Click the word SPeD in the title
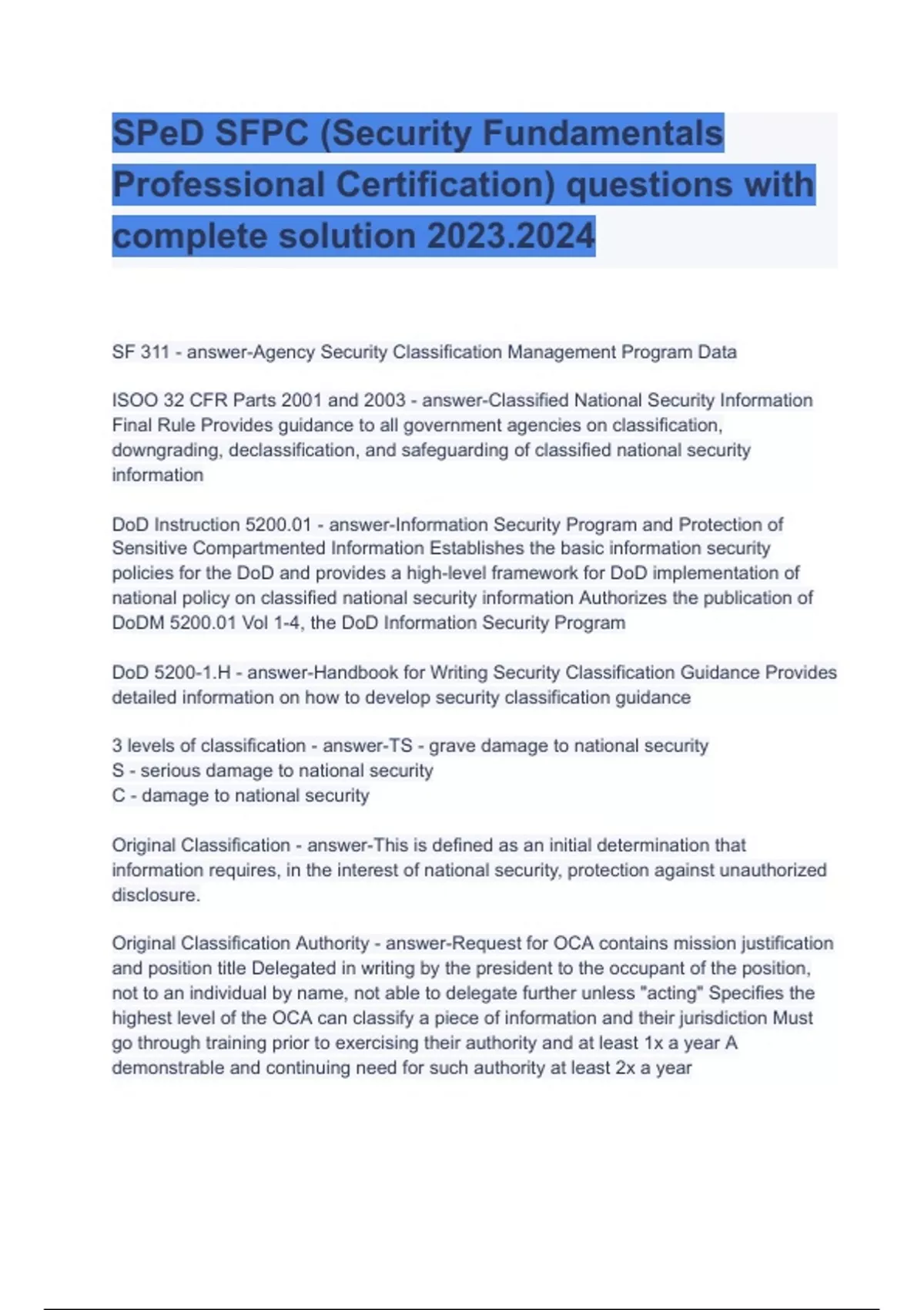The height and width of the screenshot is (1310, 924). coord(159,133)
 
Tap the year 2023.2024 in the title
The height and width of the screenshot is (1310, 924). coord(511,236)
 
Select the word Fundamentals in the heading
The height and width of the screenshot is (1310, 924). coord(603,133)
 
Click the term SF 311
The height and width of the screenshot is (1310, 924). coord(140,352)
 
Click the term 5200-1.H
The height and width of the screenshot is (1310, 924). coord(192,673)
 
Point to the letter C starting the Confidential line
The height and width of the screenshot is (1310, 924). coord(119,795)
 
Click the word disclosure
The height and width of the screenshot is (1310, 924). coord(156,895)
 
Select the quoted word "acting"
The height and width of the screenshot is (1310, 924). coord(672,993)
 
